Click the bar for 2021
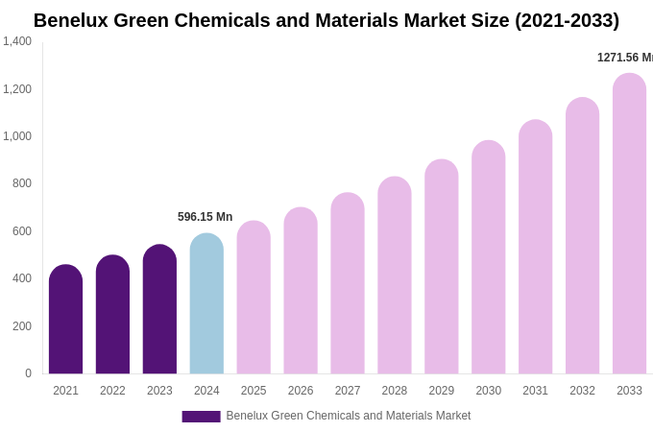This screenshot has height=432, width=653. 65,320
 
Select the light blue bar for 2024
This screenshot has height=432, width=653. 206,303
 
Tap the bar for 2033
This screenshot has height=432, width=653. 629,224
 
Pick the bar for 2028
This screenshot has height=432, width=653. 395,276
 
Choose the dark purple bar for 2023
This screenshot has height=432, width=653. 159,309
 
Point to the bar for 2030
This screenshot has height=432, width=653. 488,257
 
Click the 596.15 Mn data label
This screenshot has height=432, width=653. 205,217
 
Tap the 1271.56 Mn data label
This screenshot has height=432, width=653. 624,58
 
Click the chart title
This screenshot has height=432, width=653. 326,20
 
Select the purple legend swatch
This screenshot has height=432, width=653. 201,417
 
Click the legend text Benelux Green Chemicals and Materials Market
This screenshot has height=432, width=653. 349,416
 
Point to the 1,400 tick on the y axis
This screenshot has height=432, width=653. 17,41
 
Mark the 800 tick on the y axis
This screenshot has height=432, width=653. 22,183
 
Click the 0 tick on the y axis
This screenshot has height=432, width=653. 28,373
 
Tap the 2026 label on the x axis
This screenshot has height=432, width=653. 301,391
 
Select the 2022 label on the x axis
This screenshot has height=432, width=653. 112,391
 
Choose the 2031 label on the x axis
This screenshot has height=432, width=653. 535,391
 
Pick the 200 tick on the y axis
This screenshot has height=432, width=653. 22,326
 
